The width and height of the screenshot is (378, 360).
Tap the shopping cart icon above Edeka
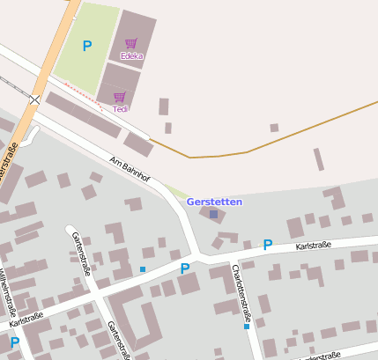pos(131,43)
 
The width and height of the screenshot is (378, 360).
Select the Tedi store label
pos(121,109)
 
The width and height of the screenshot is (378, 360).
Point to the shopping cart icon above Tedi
pos(120,97)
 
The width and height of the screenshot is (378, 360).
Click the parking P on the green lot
pos(86,46)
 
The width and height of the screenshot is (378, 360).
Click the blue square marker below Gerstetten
pos(213,214)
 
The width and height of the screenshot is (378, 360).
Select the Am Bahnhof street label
pos(130,171)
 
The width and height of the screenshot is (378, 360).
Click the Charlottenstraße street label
pos(242,292)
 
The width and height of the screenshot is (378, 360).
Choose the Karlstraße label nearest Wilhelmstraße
pos(26,318)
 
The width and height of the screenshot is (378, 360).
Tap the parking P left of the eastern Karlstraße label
pos(268,245)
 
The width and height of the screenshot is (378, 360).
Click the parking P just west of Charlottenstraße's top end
pos(185,268)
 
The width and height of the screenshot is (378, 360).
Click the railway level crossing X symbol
pos(34,99)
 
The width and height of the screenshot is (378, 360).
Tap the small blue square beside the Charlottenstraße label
pos(247,327)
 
